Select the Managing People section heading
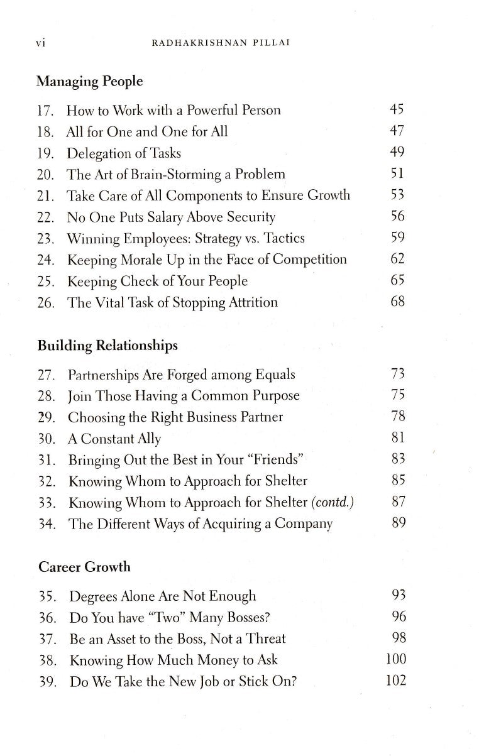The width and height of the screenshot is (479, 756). (89, 81)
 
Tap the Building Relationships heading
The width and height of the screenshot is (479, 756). (107, 346)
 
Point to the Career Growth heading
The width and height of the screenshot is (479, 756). (84, 567)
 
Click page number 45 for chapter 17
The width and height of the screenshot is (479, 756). (397, 110)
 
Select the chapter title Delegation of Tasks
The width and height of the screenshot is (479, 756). (124, 153)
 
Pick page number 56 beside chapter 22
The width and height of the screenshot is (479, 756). (397, 216)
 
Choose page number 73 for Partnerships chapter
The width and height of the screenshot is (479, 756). (397, 375)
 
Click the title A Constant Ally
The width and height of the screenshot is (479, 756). (114, 439)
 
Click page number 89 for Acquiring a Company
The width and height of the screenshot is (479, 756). (398, 523)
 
